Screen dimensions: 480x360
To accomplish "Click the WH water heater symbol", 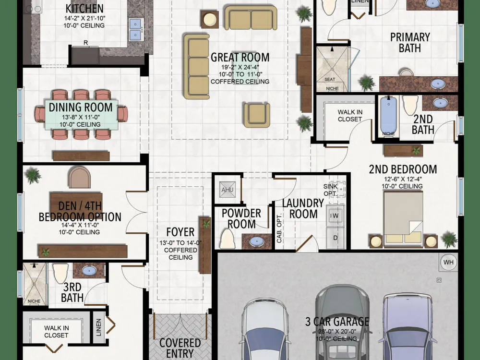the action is click(448, 262).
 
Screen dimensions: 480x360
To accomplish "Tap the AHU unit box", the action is click(228, 190).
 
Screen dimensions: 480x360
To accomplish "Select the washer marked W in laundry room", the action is click(336, 216).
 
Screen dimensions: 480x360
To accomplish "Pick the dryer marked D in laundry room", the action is click(336, 238).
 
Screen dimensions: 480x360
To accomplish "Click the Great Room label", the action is click(240, 57).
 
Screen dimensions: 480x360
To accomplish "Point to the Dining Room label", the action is click(81, 107).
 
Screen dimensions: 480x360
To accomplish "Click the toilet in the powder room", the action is click(227, 239).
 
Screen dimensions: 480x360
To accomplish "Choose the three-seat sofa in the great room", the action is click(196, 66).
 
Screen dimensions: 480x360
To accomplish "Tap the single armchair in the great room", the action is click(257, 115).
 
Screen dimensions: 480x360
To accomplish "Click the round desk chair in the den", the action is click(79, 178).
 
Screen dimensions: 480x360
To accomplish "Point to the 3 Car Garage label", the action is click(337, 322).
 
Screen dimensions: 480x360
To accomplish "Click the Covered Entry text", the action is click(180, 348).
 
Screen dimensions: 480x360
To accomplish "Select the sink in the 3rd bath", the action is click(89, 270).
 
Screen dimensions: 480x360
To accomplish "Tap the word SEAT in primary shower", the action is click(330, 79).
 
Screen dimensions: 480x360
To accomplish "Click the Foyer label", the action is click(180, 232).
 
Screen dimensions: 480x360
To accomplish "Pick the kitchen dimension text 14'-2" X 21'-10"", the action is click(84, 18).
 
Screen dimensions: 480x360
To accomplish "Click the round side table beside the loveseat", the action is click(210, 20).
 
